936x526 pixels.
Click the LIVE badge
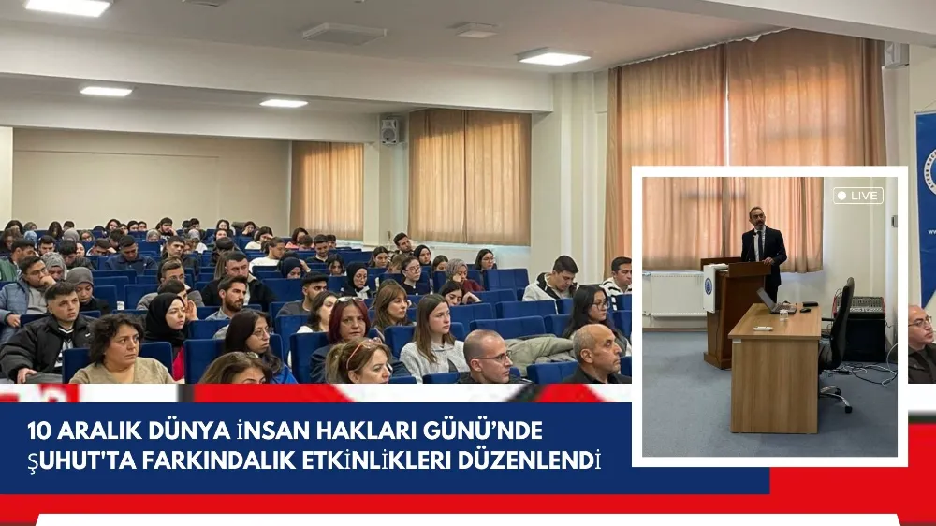[858, 196]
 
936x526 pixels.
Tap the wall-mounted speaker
[389, 131]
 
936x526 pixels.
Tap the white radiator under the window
[676, 293]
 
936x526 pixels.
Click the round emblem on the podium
[709, 285]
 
